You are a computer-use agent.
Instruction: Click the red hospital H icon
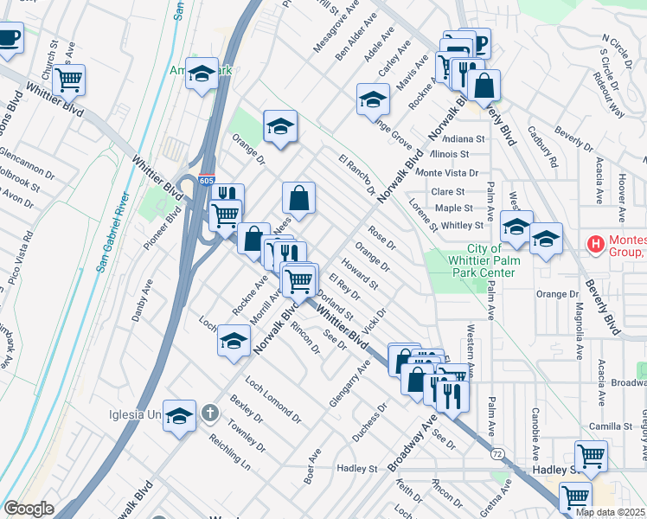596,245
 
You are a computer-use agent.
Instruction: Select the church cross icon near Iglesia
208,413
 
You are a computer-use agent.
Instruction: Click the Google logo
29,509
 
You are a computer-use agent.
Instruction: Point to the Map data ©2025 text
611,512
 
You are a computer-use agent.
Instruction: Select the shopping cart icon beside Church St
68,80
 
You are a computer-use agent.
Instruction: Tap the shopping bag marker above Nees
298,197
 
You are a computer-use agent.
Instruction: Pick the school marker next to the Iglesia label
179,416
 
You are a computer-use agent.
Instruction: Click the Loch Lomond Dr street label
272,400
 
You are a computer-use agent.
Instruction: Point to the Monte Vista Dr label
447,173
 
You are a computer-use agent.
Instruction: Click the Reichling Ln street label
229,452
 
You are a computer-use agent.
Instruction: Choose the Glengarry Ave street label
349,385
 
